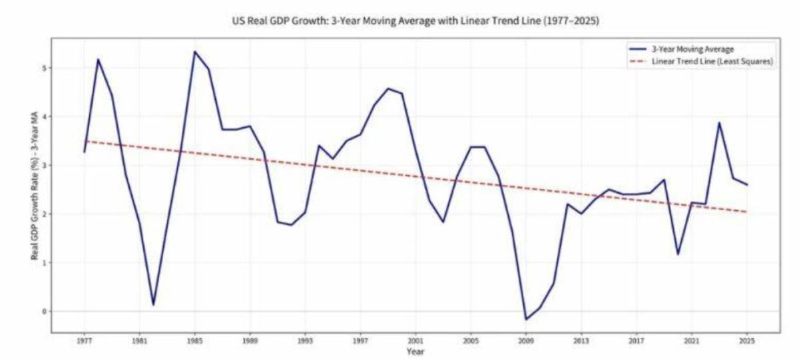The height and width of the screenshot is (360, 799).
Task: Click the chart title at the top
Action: point(415,21)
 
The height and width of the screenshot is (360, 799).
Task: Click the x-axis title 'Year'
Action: point(415,352)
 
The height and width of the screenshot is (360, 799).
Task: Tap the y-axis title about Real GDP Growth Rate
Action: point(35,186)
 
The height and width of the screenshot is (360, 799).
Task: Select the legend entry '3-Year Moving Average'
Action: point(693,49)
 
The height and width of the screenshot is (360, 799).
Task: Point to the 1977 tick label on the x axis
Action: point(85,341)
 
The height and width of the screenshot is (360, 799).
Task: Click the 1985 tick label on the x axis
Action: point(194,341)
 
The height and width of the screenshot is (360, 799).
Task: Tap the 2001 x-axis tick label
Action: point(415,341)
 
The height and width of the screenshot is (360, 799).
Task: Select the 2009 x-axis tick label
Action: point(526,341)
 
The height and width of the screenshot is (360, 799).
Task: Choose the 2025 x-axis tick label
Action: point(746,341)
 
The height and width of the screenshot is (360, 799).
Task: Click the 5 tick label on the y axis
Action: point(44,68)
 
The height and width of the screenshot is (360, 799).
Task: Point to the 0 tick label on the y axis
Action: point(44,311)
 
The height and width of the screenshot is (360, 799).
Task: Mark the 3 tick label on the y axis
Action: point(44,165)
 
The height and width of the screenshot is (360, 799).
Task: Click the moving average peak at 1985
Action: point(194,52)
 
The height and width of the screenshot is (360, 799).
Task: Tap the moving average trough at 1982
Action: point(153,305)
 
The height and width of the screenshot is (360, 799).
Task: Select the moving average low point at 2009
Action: point(526,319)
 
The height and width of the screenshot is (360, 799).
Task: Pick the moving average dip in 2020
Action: point(678,254)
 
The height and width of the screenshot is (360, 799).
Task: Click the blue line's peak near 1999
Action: point(388,89)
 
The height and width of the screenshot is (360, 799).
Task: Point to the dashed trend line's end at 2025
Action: point(746,212)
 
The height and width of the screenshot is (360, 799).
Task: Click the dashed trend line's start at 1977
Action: point(85,142)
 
